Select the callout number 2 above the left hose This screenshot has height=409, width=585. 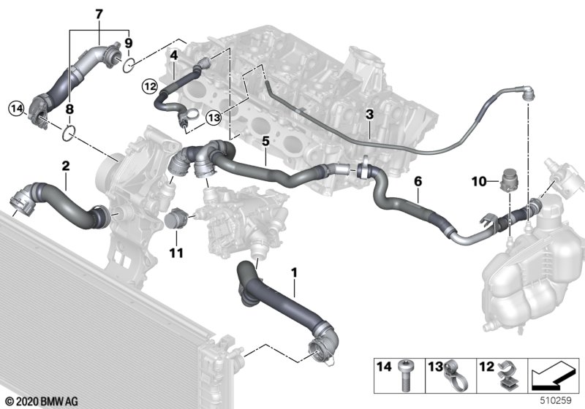point(65,167)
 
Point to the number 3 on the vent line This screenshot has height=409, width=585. point(369,115)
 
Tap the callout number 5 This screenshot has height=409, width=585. point(265,139)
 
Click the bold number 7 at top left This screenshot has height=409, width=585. point(99,12)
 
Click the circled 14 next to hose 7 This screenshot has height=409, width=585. point(17,110)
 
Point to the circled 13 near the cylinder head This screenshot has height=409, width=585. point(214,117)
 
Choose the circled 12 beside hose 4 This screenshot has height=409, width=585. point(148,85)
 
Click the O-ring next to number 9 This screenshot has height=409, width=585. point(129,66)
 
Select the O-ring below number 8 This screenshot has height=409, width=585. point(69,133)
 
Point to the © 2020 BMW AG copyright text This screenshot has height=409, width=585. point(38,401)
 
